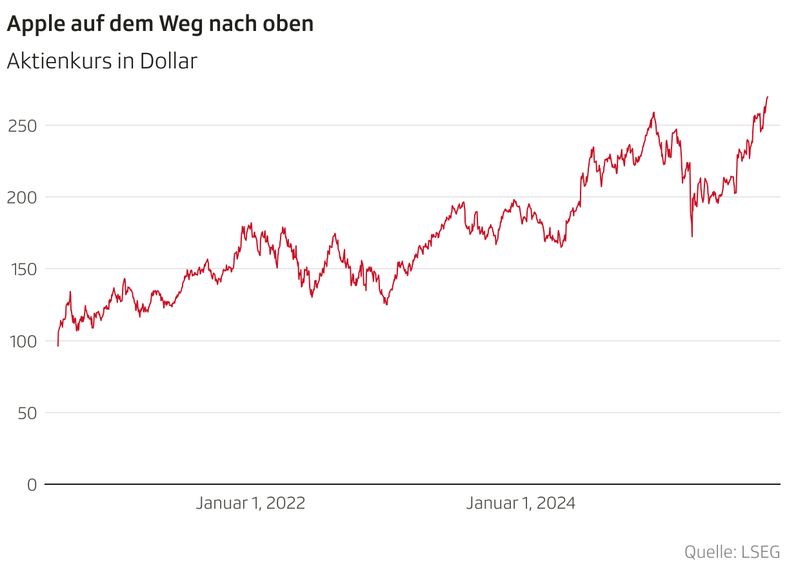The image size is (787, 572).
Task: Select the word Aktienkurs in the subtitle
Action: click(58, 61)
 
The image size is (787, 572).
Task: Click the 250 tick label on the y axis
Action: click(22, 125)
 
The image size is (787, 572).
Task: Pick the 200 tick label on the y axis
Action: click(22, 197)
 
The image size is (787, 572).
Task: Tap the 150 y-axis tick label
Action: click(22, 269)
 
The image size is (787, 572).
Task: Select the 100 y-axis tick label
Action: click(22, 341)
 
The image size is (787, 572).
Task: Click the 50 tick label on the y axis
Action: click(26, 413)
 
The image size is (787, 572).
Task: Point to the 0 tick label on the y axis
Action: click(32, 484)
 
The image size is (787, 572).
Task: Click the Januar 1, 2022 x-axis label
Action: click(250, 504)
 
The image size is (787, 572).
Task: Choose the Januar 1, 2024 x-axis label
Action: click(521, 504)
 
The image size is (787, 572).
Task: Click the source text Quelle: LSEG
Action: click(732, 553)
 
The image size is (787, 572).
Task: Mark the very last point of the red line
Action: click(768, 97)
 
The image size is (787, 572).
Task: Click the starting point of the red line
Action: click(58, 346)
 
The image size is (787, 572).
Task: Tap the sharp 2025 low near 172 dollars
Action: click(692, 236)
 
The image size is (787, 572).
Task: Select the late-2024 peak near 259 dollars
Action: click(654, 112)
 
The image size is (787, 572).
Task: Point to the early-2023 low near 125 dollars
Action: click(386, 304)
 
